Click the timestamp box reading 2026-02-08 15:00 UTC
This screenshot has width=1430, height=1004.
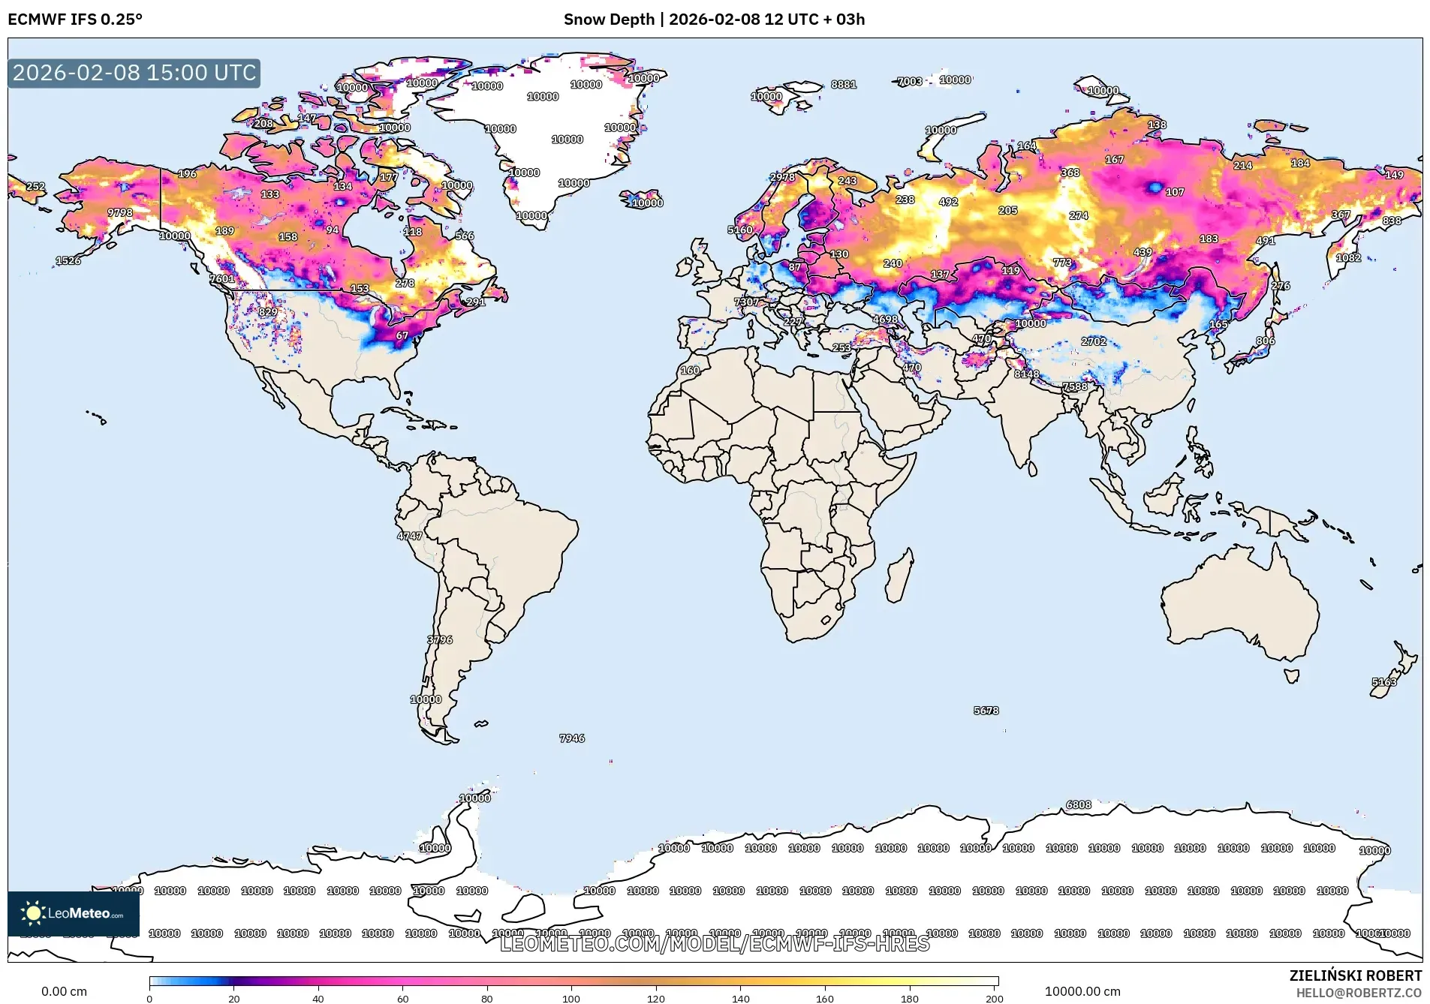[134, 73]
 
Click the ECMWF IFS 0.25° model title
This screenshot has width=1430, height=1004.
[75, 20]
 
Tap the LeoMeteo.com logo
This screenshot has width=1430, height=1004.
[74, 913]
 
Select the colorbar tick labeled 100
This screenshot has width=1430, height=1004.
[571, 998]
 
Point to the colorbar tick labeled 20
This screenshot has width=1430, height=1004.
[234, 998]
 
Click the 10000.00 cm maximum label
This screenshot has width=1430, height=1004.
[1082, 991]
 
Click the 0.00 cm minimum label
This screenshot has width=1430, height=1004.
[64, 991]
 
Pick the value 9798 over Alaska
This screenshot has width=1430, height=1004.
[120, 212]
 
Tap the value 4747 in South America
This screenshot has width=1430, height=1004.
[410, 536]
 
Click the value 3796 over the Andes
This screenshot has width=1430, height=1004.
[440, 640]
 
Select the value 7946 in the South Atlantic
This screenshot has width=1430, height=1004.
[572, 738]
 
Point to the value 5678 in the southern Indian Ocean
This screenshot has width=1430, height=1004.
[986, 710]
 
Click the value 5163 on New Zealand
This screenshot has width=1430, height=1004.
[1384, 682]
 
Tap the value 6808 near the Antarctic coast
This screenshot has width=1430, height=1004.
[1079, 804]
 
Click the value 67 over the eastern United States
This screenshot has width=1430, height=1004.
[402, 335]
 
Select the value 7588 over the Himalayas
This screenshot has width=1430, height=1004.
[1075, 386]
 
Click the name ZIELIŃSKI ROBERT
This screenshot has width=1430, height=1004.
[1355, 975]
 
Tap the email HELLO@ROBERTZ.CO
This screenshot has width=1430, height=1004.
[1359, 993]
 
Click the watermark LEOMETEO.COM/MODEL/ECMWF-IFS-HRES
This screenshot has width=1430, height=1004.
[715, 943]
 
